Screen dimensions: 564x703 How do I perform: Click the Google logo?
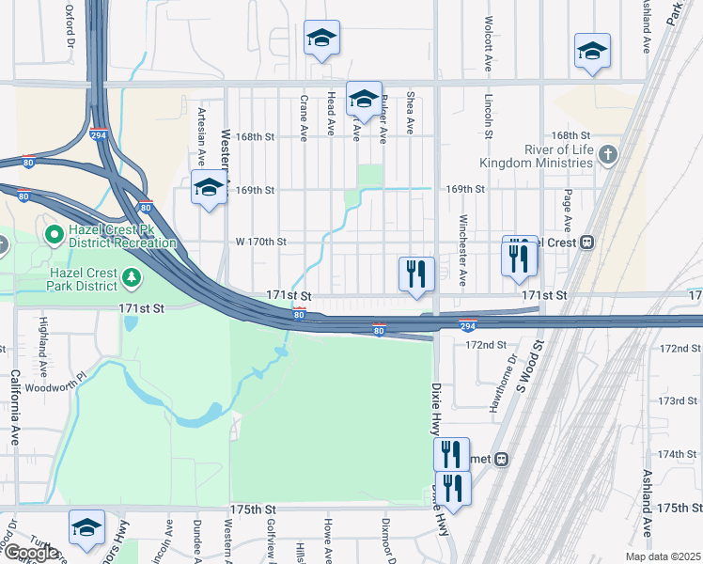coord(30,553)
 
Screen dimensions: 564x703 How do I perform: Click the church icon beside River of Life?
coord(608,154)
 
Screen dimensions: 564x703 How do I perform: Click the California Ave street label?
coord(16,407)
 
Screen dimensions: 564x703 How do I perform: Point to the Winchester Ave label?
coord(462,251)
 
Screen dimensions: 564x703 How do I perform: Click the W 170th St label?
coord(260,242)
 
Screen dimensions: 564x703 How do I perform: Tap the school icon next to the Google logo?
coord(86,528)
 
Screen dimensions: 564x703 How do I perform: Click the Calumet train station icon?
coord(503,460)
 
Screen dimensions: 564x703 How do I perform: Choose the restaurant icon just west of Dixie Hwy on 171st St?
coord(416,274)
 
